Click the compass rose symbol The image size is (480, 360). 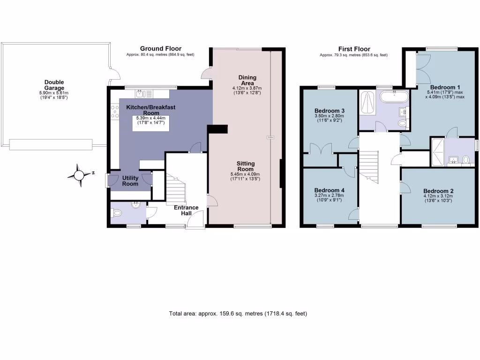(79, 175)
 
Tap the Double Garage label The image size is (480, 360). (54, 85)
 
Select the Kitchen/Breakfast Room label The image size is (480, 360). (151, 110)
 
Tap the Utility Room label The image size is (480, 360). (130, 181)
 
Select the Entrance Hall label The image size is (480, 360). (186, 210)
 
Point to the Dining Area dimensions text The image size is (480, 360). (247, 90)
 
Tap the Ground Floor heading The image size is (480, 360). (160, 49)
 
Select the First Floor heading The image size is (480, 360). (354, 49)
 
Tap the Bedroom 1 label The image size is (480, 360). (445, 87)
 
